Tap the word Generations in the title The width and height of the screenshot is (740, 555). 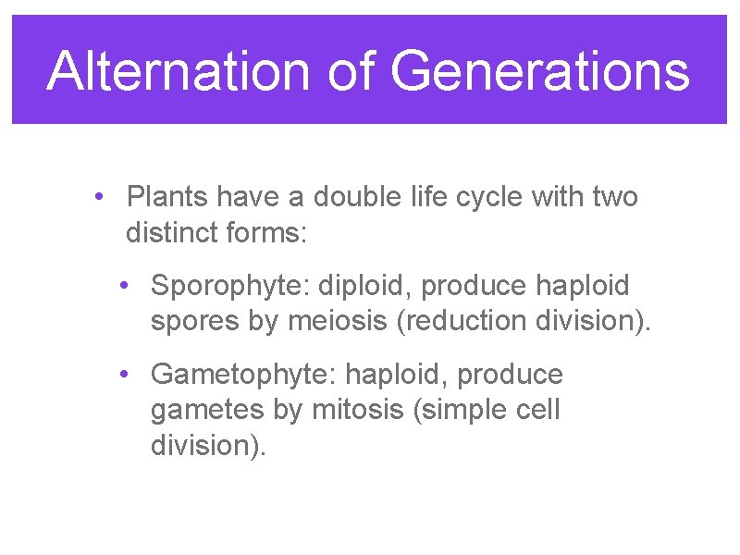click(540, 71)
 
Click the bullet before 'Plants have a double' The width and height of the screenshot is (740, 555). click(99, 197)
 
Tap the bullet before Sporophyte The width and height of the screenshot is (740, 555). click(124, 286)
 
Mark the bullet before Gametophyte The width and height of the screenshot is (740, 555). click(124, 375)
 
